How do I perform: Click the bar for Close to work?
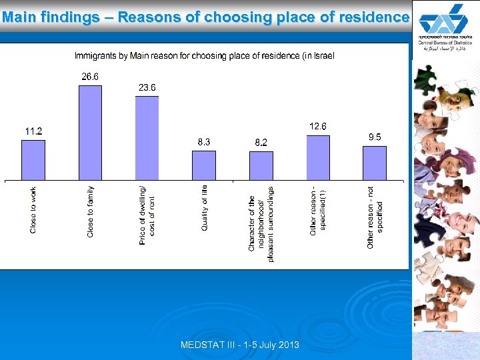coord(33,160)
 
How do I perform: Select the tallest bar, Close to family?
coord(90,133)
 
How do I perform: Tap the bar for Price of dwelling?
coord(147,138)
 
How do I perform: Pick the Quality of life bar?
coord(204,165)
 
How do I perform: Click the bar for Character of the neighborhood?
coord(261,165)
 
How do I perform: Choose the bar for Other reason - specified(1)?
coord(318,158)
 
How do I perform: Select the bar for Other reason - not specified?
coord(375,163)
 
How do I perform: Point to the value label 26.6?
coord(90,77)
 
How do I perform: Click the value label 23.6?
coord(147,87)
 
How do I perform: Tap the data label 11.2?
coord(33,131)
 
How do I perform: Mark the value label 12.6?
coord(317,127)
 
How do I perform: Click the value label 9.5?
coord(375,137)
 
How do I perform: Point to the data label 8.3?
coord(204,142)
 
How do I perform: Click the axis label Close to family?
coord(91,211)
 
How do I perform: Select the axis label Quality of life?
coord(205,208)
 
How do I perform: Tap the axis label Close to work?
coord(34,210)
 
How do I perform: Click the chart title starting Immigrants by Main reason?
coord(204,55)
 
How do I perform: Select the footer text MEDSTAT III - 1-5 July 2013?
coord(240,345)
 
